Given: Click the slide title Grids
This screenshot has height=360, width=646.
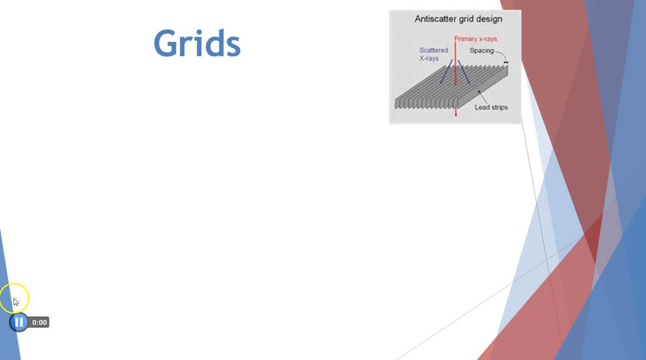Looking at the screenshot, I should click(x=197, y=43).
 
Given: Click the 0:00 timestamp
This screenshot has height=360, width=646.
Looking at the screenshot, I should click(x=39, y=323).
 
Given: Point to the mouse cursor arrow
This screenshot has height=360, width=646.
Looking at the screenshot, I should click(x=16, y=302).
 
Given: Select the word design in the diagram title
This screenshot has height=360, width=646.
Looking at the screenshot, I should click(x=489, y=19).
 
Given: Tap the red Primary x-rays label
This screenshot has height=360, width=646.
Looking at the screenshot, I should click(x=475, y=39).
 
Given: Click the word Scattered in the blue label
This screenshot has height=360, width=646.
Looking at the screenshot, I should click(x=433, y=50).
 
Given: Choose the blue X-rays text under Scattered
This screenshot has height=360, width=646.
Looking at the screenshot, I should click(x=429, y=58).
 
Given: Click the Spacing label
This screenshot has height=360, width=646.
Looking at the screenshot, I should click(x=481, y=51).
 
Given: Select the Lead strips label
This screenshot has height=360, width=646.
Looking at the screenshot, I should click(x=491, y=107).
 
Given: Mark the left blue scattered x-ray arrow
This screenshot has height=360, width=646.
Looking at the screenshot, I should click(x=446, y=72).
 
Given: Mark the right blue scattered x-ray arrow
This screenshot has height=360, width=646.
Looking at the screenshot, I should click(x=464, y=72).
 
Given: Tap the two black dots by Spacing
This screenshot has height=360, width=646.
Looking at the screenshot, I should click(x=506, y=63).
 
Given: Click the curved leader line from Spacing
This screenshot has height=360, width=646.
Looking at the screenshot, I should click(x=502, y=54).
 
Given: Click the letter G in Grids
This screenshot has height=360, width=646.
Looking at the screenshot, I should click(x=166, y=43).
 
